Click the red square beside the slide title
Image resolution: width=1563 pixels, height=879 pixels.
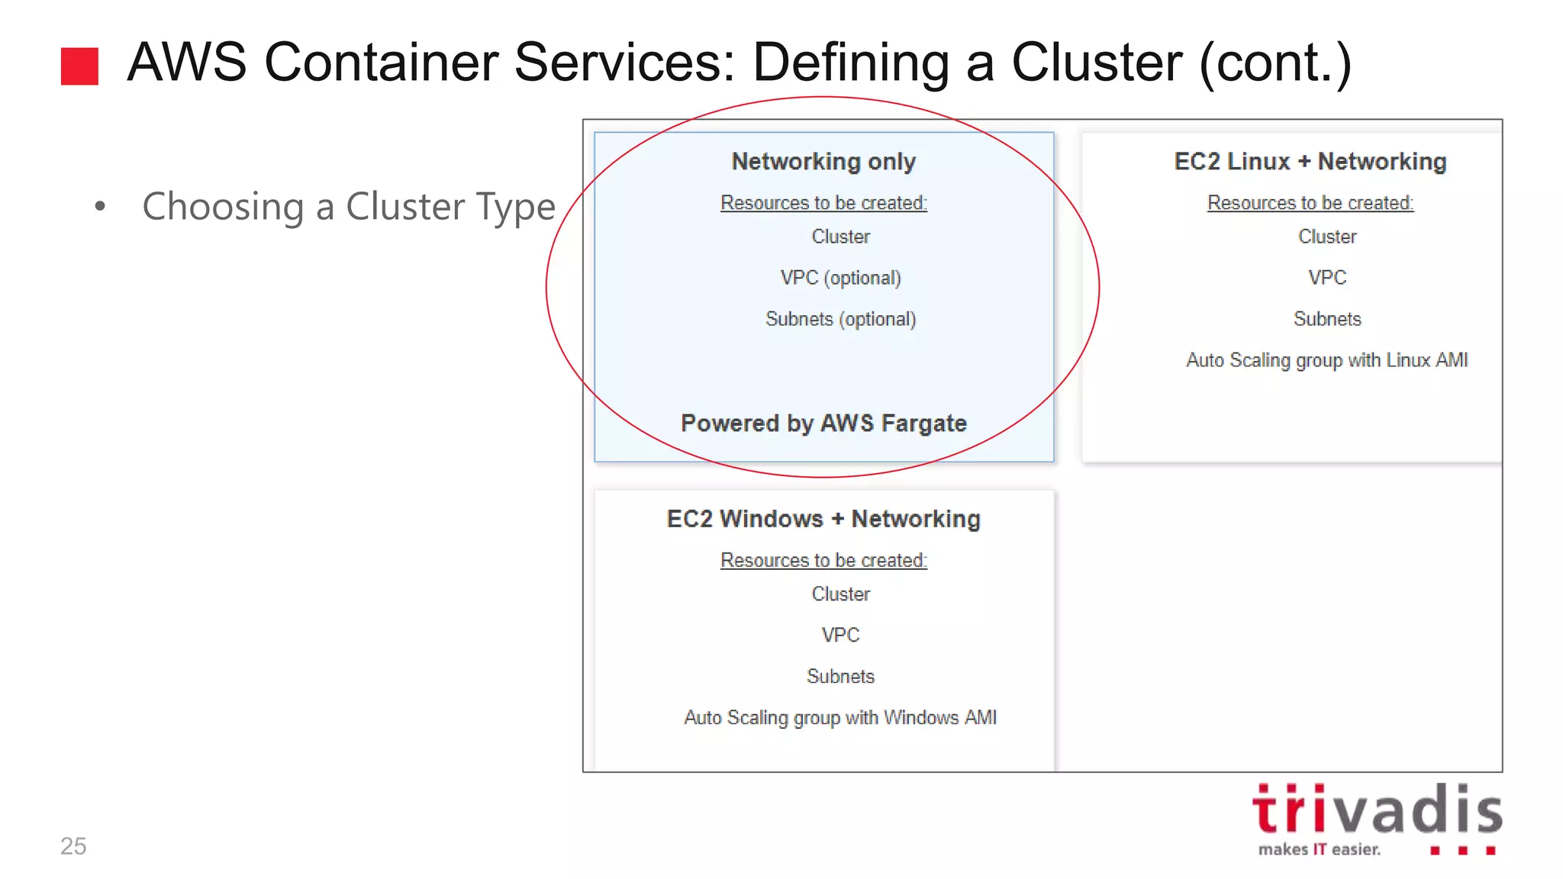coord(79,66)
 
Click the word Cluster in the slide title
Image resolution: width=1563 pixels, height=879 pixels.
coord(1096,63)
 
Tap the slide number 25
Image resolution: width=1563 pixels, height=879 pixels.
coord(73,845)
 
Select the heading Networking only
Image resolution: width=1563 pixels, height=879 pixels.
coord(823,162)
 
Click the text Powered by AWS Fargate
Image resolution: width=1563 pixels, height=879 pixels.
coord(823,423)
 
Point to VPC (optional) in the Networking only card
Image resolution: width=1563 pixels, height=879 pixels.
coord(840,278)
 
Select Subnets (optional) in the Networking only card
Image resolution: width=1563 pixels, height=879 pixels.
coord(840,319)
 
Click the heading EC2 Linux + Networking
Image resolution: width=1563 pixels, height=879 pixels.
coord(1310,162)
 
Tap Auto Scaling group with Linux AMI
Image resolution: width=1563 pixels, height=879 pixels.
coord(1326,360)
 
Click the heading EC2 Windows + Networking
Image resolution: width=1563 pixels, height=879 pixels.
coord(823,519)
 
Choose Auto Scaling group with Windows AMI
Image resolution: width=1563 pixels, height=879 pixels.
coord(840,717)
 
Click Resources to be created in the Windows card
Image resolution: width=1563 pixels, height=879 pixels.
coord(823,560)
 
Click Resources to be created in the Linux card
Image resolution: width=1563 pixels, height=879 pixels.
coord(1310,203)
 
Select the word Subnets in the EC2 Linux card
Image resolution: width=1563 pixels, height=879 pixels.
coord(1326,319)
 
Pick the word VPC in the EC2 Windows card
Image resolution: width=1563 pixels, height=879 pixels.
coord(840,635)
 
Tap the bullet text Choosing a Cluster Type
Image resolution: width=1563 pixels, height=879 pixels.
coord(349,207)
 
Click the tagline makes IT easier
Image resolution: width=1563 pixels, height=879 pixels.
coord(1319,849)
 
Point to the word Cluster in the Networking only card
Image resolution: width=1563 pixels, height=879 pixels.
coord(840,237)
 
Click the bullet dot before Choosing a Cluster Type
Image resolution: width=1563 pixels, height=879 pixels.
coord(100,206)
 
